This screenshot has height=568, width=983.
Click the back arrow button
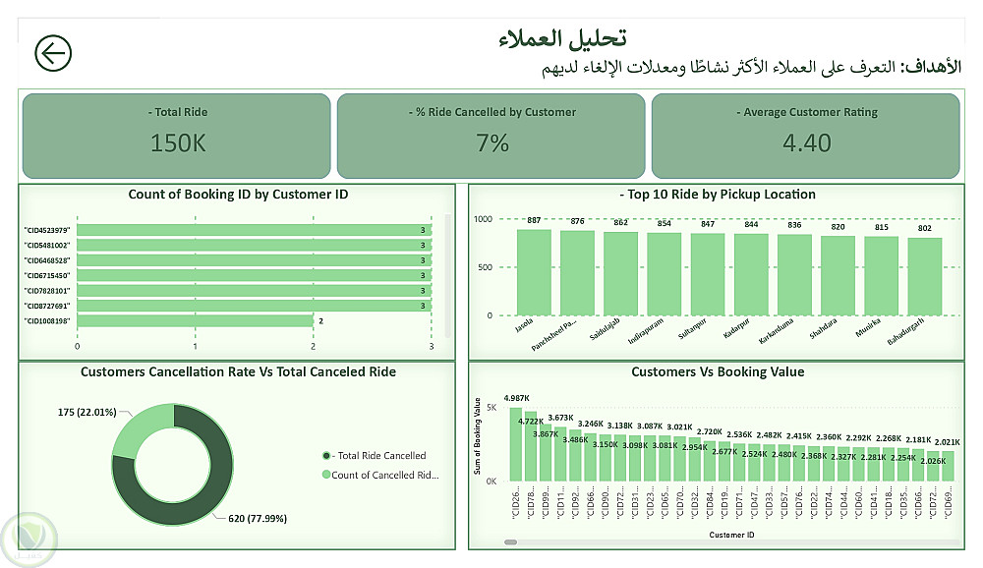click(53, 53)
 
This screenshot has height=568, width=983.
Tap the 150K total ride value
click(178, 142)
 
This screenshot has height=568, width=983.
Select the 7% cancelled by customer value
click(491, 142)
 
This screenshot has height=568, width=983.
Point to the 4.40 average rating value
click(806, 142)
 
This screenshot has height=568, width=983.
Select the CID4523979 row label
click(47, 230)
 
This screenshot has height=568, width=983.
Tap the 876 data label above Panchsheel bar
click(577, 221)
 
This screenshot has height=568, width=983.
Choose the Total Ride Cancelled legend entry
click(379, 455)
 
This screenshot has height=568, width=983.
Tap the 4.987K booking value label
click(517, 398)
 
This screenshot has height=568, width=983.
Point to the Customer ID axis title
click(730, 535)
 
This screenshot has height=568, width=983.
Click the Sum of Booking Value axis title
click(479, 436)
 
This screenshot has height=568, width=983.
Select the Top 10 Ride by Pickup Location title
click(718, 195)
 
